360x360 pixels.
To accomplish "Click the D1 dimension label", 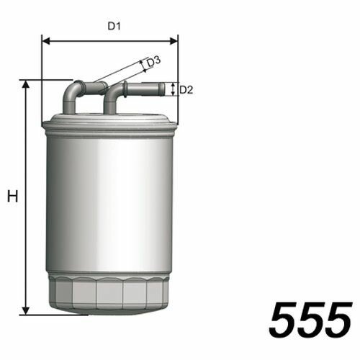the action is (x=114, y=26).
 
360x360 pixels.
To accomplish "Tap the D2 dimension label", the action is (x=186, y=90).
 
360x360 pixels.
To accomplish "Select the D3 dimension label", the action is (x=153, y=62).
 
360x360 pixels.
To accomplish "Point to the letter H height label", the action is (x=12, y=196).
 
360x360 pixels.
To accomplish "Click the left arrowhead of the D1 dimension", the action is (x=46, y=41).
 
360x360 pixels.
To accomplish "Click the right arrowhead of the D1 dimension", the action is (x=174, y=41).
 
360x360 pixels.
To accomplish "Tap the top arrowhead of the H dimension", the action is (x=26, y=84).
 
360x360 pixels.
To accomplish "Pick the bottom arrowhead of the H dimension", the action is (x=26, y=310).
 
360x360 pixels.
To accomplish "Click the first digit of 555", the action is (x=284, y=320).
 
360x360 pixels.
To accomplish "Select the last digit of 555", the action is (x=338, y=320).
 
